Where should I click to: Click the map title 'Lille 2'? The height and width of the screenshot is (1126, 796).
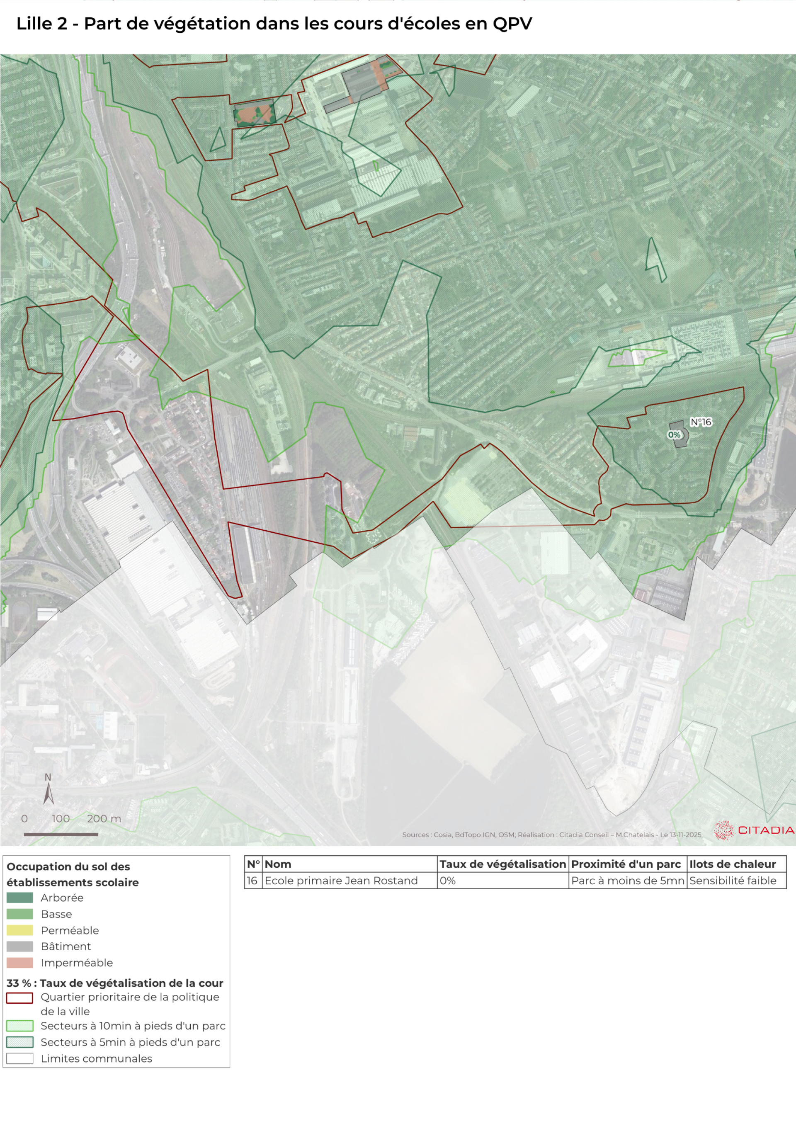(42, 24)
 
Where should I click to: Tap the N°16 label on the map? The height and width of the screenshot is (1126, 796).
(700, 422)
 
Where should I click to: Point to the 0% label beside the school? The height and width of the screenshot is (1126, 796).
(674, 434)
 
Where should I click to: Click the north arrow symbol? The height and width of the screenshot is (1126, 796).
(48, 793)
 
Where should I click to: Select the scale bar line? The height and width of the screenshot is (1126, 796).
(61, 834)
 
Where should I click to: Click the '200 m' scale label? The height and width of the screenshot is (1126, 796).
(104, 818)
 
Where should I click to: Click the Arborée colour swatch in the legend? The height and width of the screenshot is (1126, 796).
(19, 898)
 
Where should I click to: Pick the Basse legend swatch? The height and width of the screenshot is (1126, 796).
(19, 914)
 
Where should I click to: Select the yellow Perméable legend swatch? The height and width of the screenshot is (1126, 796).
(19, 930)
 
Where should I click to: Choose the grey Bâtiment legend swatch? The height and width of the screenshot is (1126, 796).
(19, 946)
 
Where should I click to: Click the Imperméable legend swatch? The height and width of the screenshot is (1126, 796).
(19, 962)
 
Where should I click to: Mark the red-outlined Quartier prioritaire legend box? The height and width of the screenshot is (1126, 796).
(19, 997)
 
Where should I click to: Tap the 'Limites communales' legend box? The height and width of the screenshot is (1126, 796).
(19, 1058)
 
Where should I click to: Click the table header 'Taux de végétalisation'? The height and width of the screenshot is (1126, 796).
(502, 864)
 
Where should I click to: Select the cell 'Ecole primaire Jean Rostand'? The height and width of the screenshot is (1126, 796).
(341, 880)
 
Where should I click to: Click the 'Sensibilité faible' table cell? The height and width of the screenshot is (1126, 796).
(732, 880)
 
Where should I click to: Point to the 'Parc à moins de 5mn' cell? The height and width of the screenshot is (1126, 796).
(627, 880)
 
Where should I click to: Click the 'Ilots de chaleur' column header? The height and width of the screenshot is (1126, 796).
(732, 864)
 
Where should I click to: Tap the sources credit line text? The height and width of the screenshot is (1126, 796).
(551, 834)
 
